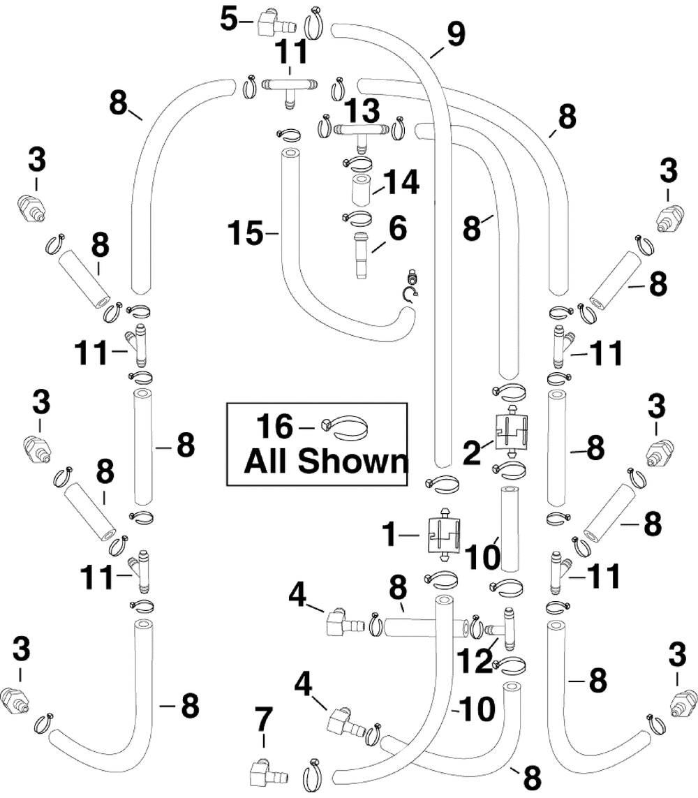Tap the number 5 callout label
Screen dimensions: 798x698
230,19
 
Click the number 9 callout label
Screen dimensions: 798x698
456,34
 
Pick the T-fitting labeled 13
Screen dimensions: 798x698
361,131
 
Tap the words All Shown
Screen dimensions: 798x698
325,461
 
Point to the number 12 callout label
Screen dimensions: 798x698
476,659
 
